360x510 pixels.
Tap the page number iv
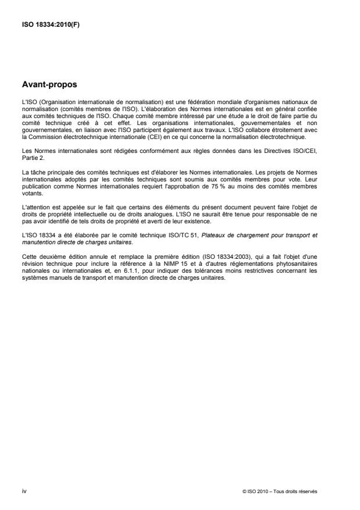(23, 491)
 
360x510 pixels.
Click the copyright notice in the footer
(279, 491)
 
